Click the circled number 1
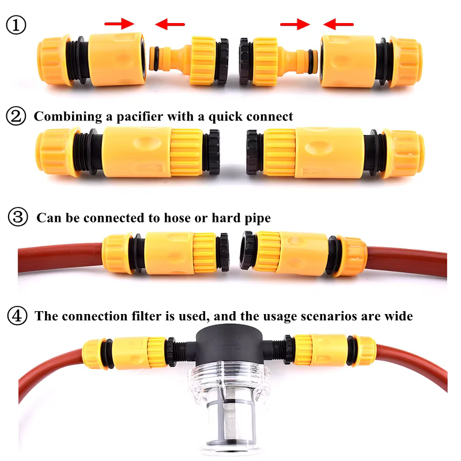coord(16,25)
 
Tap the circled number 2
coord(16,116)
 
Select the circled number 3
coord(18,217)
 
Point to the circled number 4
coord(17,315)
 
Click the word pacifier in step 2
coord(139,117)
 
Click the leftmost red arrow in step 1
coord(119,24)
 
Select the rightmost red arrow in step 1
coord(338,24)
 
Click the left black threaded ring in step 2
coord(212,152)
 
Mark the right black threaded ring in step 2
coord(254,152)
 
